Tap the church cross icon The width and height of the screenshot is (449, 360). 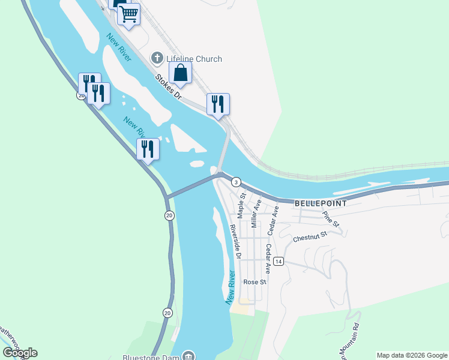157,58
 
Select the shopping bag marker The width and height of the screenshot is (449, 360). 180,73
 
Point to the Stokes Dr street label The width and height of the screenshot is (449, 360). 167,86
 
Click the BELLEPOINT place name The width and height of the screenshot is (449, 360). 321,203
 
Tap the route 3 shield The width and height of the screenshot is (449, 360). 237,182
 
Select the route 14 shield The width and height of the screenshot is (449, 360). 278,262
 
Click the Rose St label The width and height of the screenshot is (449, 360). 254,282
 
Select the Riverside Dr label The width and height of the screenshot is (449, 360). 235,241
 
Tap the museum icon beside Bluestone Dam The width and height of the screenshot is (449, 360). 189,356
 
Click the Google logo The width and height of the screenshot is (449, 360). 20,353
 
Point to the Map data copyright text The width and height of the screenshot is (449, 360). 412,355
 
